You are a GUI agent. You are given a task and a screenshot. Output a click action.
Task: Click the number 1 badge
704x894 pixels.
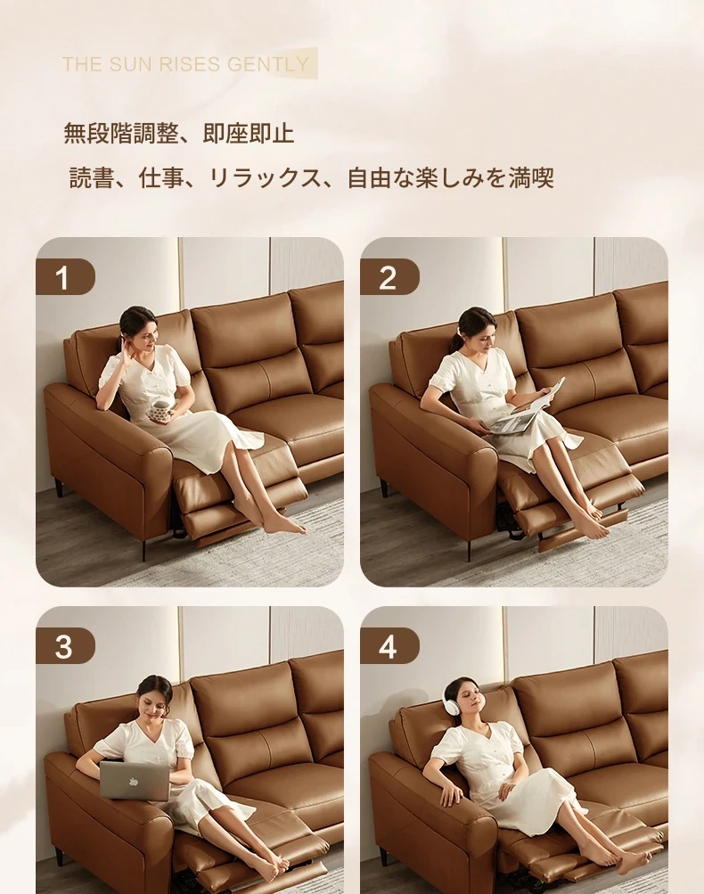tap(65, 277)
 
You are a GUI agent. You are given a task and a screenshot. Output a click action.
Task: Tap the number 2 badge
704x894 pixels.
tap(389, 277)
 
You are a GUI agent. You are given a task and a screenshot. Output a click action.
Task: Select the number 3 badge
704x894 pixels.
tap(65, 646)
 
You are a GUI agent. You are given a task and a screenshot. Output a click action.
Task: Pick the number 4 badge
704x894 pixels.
tap(389, 646)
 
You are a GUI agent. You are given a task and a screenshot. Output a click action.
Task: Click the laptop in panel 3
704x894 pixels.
tap(135, 780)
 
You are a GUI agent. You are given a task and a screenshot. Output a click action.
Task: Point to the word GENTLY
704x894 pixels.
tap(268, 64)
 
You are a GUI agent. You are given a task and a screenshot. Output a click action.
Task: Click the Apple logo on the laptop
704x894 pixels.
tap(134, 781)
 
